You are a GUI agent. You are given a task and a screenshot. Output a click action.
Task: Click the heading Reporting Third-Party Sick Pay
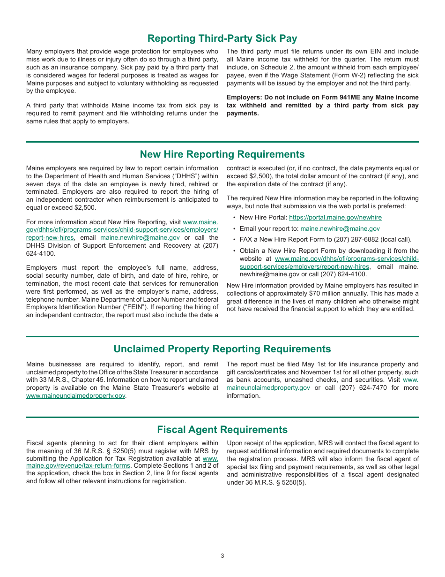(222, 38)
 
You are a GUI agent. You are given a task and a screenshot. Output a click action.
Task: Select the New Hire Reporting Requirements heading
(222, 154)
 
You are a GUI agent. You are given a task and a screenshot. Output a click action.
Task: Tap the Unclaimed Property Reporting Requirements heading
(222, 349)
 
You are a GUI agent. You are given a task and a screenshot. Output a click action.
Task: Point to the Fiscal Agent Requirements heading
(222, 430)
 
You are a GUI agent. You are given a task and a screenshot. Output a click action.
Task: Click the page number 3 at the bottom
(222, 556)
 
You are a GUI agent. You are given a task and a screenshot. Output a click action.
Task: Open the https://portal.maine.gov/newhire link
(335, 218)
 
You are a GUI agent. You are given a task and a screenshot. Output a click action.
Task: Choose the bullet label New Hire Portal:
(263, 218)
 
